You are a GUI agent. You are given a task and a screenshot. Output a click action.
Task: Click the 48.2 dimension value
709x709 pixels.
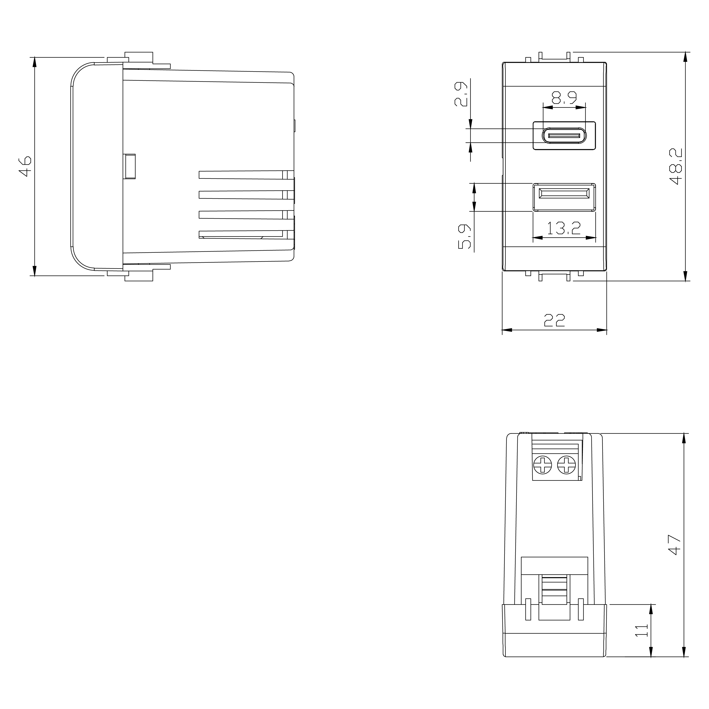[676, 166]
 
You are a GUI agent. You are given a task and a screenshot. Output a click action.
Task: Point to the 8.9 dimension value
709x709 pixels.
[564, 98]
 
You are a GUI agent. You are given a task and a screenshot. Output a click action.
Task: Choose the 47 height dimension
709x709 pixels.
[675, 545]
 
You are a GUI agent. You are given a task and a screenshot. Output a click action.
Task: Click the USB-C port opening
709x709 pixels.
[564, 136]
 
